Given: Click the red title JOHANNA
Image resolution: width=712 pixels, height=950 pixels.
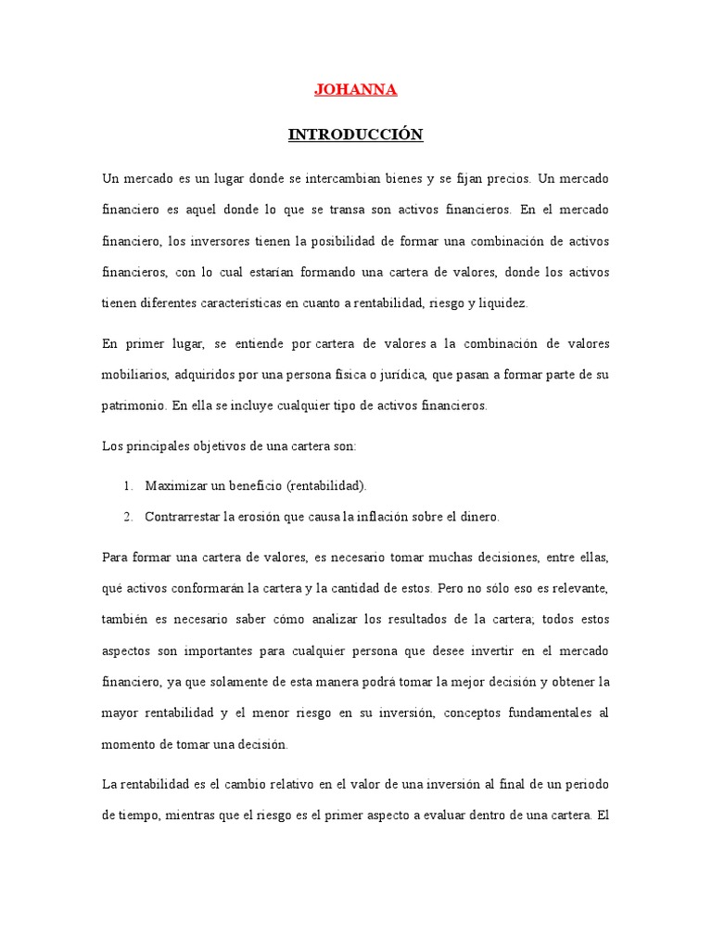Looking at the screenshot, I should tap(356, 90).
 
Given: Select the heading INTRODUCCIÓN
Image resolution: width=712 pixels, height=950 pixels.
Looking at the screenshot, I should tap(355, 135).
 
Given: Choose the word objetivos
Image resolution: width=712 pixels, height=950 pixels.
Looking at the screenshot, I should tap(221, 445).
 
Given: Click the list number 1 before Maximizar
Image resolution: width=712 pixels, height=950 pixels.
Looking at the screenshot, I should tap(127, 485).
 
